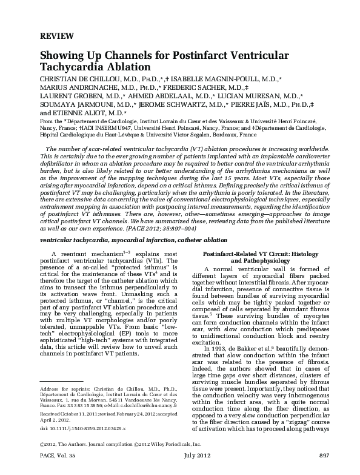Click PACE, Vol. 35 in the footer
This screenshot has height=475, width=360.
(x=58, y=470)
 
